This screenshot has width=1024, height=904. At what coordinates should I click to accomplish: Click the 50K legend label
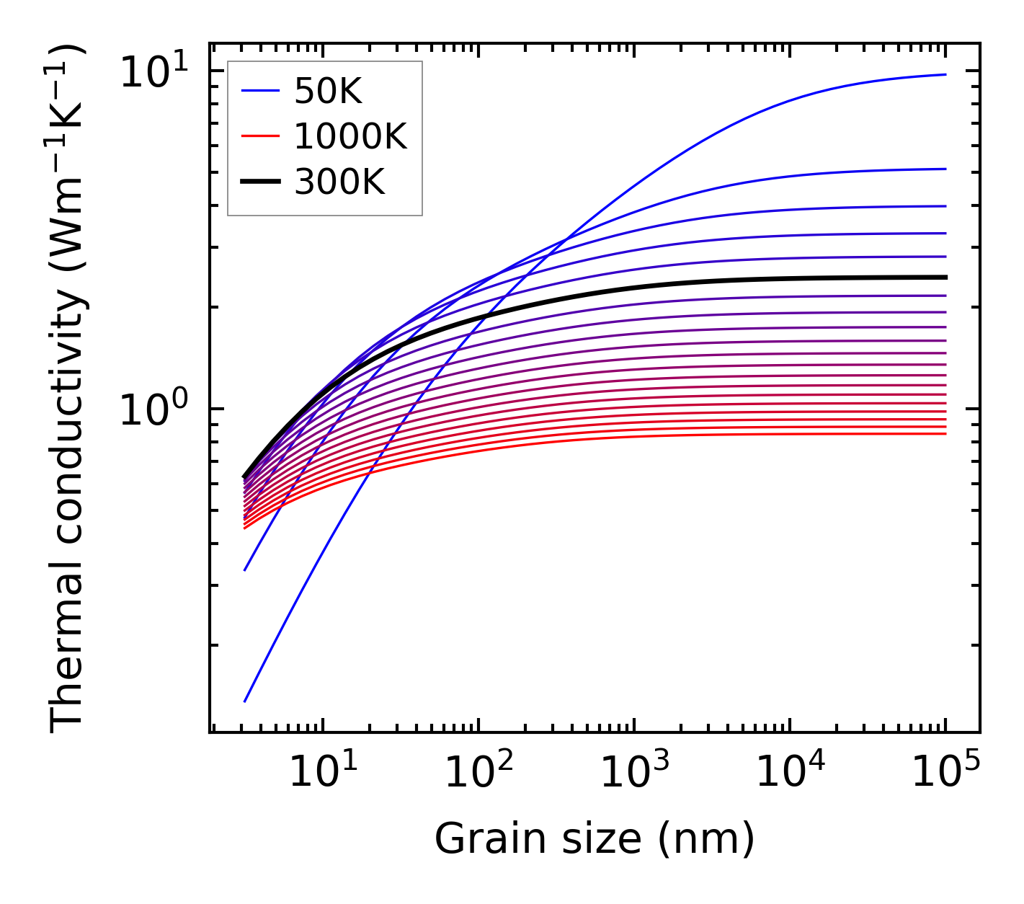pyautogui.click(x=328, y=92)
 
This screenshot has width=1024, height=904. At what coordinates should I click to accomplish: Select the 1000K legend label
pyautogui.click(x=351, y=136)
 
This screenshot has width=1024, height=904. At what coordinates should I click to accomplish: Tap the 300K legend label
pyautogui.click(x=340, y=182)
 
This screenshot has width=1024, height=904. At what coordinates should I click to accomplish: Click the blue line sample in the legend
pyautogui.click(x=260, y=91)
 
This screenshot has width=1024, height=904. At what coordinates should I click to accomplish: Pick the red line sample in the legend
pyautogui.click(x=260, y=136)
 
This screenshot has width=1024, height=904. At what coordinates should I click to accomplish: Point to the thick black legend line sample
pyautogui.click(x=260, y=182)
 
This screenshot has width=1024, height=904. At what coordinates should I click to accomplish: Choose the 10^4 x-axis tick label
pyautogui.click(x=790, y=771)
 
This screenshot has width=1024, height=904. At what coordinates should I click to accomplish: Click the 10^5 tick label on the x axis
pyautogui.click(x=945, y=771)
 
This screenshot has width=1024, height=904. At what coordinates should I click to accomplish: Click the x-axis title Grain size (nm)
pyautogui.click(x=595, y=839)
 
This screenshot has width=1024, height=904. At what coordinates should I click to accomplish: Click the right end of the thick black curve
pyautogui.click(x=945, y=277)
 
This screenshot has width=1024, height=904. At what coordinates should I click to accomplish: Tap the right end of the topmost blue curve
pyautogui.click(x=945, y=74)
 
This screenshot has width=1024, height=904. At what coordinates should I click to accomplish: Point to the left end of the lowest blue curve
pyautogui.click(x=245, y=701)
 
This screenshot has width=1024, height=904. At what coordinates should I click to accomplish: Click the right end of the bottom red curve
pyautogui.click(x=945, y=433)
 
